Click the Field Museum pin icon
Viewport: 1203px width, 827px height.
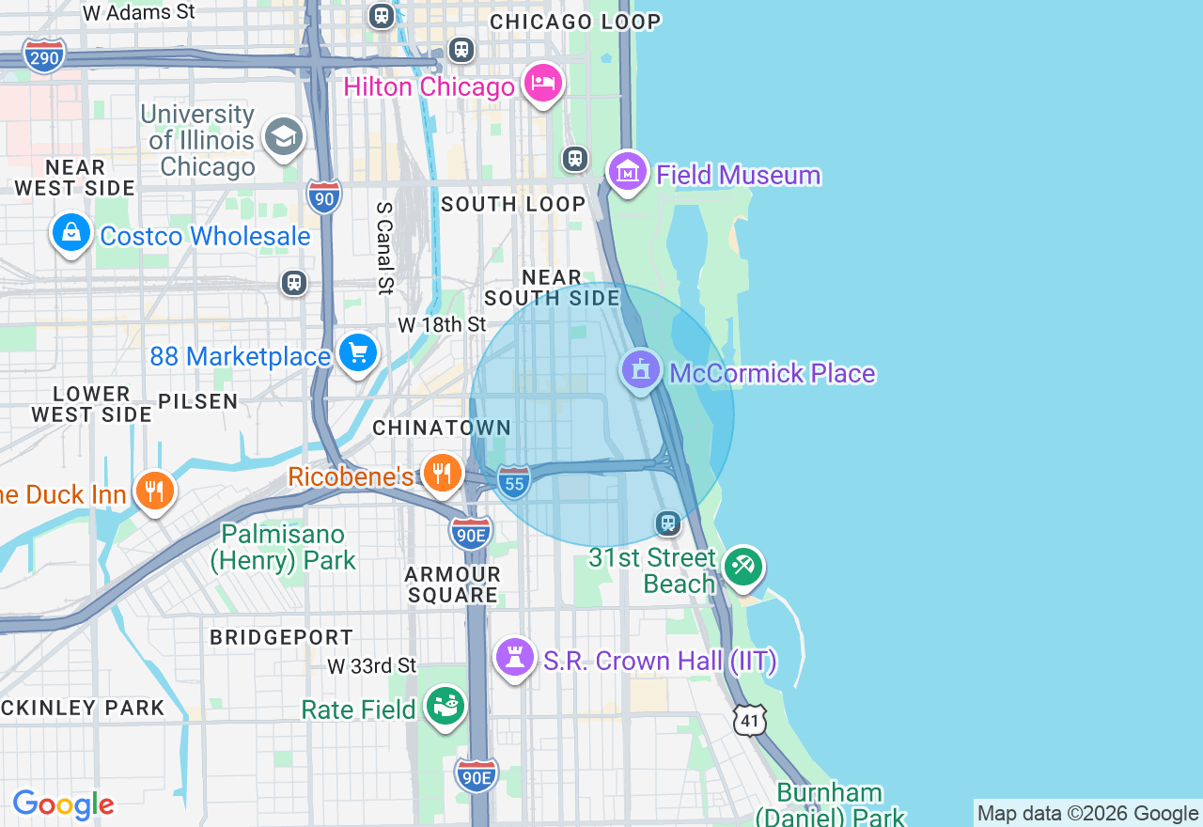click(x=628, y=172)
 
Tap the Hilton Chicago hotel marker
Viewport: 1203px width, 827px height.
click(x=543, y=85)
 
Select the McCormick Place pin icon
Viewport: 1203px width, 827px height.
click(x=641, y=369)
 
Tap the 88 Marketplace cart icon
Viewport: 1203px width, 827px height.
click(x=358, y=353)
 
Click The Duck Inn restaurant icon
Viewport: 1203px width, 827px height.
click(x=155, y=491)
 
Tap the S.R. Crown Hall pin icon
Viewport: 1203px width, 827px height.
click(x=515, y=658)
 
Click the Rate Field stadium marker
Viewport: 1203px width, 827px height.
click(x=445, y=706)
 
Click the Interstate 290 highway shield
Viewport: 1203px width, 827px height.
click(x=44, y=56)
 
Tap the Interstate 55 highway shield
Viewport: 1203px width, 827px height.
click(x=514, y=481)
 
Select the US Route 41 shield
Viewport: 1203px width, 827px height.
click(x=750, y=719)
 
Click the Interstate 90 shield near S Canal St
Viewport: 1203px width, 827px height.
click(x=323, y=196)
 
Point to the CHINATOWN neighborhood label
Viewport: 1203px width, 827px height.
click(x=442, y=428)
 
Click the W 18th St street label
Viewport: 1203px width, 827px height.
click(x=442, y=325)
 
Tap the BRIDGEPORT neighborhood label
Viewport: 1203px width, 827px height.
click(x=281, y=637)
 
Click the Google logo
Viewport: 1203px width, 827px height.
click(x=64, y=804)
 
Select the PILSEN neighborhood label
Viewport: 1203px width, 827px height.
click(x=197, y=401)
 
